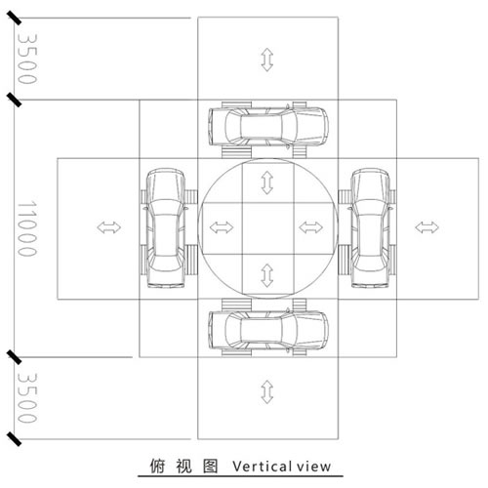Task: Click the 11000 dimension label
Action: pos(27,228)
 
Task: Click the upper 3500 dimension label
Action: pos(27,59)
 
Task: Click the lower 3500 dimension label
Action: pos(27,397)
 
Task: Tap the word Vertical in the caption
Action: pos(262,467)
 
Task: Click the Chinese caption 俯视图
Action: pos(183,466)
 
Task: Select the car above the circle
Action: pos(268,126)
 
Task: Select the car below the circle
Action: pos(268,330)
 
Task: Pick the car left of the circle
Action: pos(166,228)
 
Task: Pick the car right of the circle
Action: pos(370,228)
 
